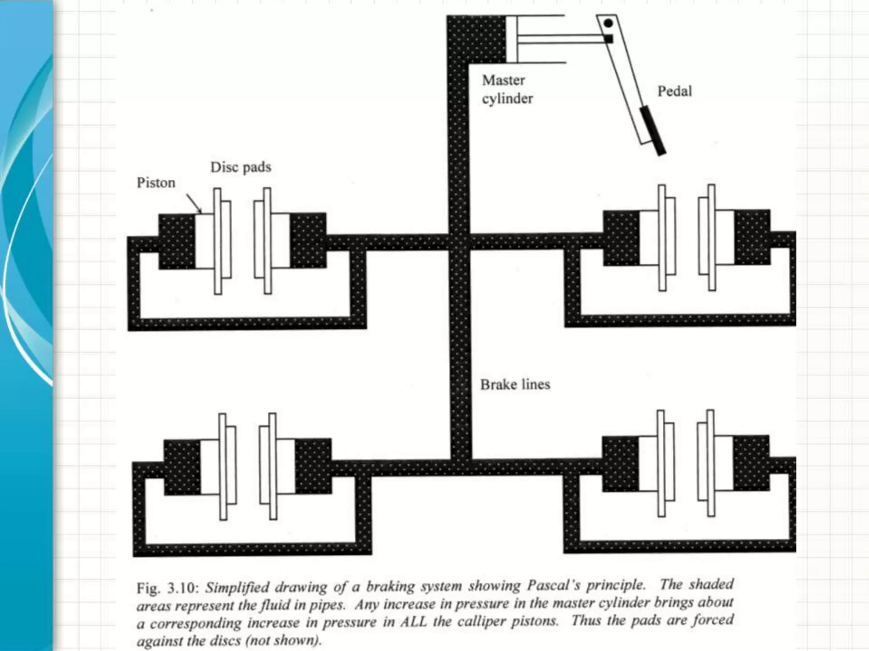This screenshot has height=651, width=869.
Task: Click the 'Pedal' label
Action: (674, 91)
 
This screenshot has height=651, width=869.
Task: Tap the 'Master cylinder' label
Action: (507, 89)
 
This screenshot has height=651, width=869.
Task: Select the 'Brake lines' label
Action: (515, 384)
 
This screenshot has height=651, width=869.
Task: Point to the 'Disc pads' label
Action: (241, 167)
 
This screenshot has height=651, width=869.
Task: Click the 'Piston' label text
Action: (156, 183)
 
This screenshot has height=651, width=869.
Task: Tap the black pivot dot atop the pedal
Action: (608, 23)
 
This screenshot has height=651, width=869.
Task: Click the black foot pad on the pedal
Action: (653, 130)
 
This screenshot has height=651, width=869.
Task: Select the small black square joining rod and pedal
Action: (609, 39)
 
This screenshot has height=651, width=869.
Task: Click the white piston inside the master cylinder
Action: (511, 39)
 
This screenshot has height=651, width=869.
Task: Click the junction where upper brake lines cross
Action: (460, 242)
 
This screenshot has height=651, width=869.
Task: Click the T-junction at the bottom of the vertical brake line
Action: (461, 466)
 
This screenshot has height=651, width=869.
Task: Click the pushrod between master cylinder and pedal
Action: (560, 39)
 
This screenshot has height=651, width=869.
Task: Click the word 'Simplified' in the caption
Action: (237, 587)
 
